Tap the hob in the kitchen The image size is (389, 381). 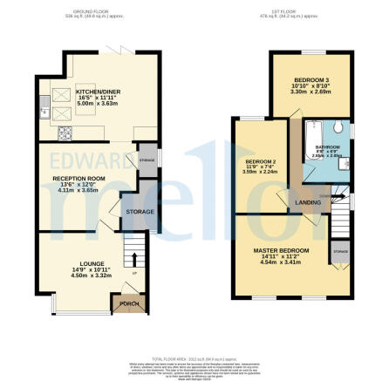click(64, 133)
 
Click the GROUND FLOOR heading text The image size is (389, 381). click(97, 12)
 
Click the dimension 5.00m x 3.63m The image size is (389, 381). click(95, 104)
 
